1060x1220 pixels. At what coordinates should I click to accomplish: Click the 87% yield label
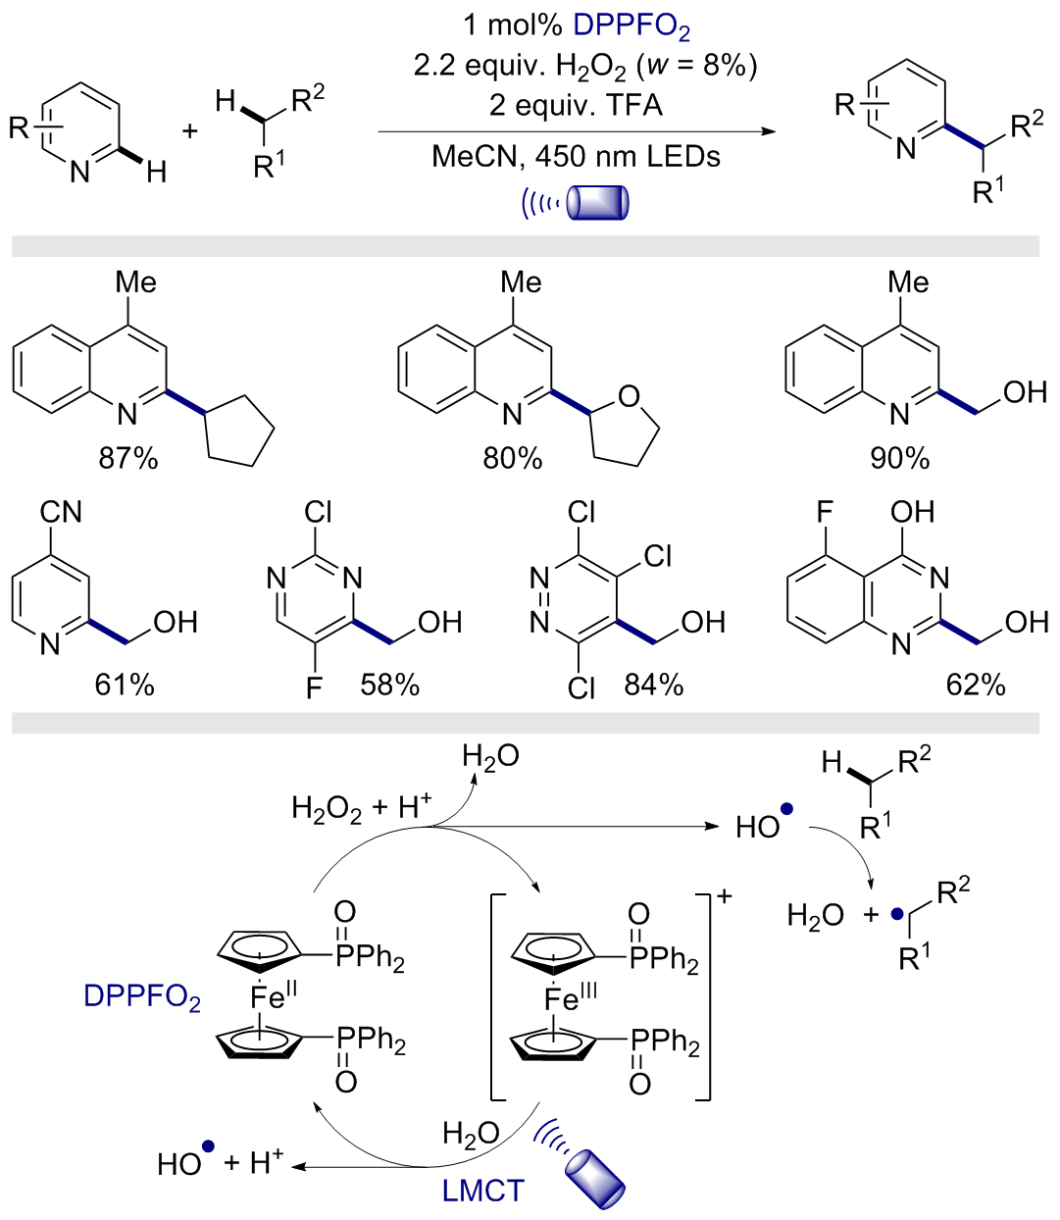pos(128,459)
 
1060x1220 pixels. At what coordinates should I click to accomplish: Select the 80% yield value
pos(513,459)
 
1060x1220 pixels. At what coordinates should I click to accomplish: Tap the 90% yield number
pos(899,459)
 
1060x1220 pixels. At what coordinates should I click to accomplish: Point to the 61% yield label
pos(125,686)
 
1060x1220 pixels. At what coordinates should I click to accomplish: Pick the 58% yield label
pos(390,686)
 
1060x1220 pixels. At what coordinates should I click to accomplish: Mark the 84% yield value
pos(654,686)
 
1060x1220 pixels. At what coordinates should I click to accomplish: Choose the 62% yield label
pos(976,686)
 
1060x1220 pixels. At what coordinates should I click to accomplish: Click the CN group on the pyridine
pos(61,512)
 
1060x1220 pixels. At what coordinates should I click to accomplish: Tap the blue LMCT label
pos(482,1192)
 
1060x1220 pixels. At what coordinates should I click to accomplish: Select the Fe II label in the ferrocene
pos(274,996)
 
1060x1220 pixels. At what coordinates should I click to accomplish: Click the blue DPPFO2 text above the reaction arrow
pos(631,26)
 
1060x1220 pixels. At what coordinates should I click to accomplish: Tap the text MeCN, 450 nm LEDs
pos(576,157)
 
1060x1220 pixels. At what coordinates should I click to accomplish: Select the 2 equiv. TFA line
pos(576,106)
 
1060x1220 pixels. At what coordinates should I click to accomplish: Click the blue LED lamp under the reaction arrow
pos(597,203)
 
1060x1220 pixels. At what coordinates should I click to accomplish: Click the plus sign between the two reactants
pos(189,130)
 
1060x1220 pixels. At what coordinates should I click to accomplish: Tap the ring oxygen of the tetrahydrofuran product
pos(629,396)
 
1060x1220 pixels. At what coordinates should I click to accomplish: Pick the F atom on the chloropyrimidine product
pos(314,688)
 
